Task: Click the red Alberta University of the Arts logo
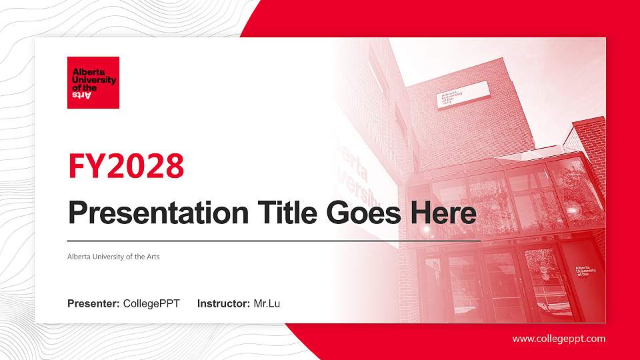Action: click(x=93, y=82)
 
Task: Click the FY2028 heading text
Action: click(x=126, y=166)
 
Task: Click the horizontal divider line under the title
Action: click(x=273, y=240)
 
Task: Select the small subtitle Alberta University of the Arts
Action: click(x=113, y=257)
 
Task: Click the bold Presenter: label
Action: click(x=93, y=304)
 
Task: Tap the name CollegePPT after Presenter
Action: click(x=151, y=304)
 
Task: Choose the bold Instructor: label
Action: click(x=224, y=304)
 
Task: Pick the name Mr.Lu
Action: click(x=267, y=304)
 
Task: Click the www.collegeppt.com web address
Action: click(x=559, y=339)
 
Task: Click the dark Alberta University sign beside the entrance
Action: click(x=585, y=272)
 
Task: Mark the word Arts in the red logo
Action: click(x=81, y=95)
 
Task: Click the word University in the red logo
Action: click(x=93, y=80)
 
